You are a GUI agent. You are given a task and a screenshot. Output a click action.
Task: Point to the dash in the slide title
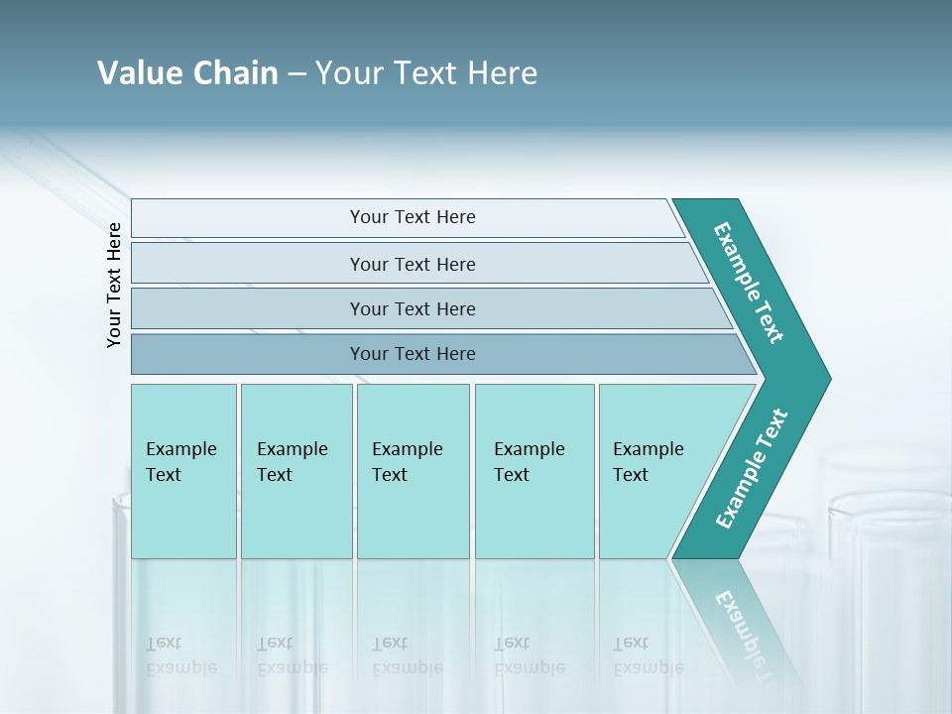coord(297,74)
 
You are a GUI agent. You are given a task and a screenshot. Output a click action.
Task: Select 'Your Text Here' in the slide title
coord(426,73)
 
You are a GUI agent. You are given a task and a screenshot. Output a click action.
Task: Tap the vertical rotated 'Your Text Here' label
coord(114,285)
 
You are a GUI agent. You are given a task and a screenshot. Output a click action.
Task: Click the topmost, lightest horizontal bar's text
coord(413,217)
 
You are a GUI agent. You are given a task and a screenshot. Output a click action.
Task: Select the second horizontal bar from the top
coord(413,264)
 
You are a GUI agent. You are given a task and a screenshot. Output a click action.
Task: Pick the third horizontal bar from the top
coord(413,308)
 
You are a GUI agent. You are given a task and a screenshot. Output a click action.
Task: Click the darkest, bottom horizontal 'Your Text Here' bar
coord(413,354)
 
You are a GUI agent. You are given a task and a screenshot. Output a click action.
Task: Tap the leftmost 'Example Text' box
coord(182,462)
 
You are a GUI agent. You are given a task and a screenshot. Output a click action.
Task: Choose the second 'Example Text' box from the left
coord(295,462)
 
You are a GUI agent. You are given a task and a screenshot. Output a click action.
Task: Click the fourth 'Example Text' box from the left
coord(533,462)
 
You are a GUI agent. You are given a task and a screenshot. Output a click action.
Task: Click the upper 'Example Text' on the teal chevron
coord(749,283)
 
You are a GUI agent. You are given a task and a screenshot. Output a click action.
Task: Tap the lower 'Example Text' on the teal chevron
coord(751,469)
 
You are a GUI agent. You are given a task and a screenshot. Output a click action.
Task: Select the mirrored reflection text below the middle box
coord(407,655)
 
